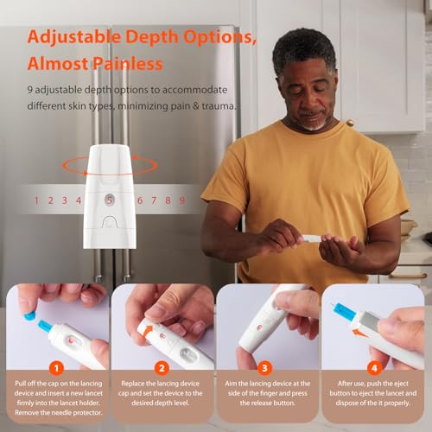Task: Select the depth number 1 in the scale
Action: click(36, 200)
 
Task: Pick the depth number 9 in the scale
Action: click(181, 200)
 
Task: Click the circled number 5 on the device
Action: click(109, 200)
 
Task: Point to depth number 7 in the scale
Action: click(153, 200)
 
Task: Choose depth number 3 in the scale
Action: click(64, 200)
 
